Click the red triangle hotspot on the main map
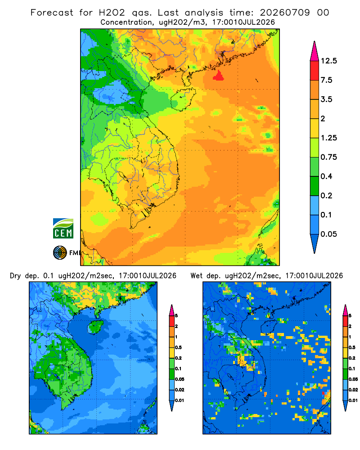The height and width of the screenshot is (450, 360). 219,76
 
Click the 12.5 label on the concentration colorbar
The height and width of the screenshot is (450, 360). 328,61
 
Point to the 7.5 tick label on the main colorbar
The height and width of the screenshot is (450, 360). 326,80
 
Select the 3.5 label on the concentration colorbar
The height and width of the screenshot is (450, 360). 326,99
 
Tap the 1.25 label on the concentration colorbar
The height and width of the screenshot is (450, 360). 328,138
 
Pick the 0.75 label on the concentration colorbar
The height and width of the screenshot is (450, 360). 328,157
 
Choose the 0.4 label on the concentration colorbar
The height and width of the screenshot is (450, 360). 326,176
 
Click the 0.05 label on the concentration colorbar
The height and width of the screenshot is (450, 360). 328,234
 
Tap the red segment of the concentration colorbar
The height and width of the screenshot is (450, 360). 315,71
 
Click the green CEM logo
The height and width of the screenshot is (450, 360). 63,229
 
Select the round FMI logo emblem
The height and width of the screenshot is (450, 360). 60,253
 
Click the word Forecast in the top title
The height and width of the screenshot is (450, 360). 52,13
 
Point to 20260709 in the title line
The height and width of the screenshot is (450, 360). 285,13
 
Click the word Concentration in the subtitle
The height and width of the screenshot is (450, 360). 126,22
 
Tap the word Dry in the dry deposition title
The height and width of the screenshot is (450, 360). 15,276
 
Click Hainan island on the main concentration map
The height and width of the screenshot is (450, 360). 183,99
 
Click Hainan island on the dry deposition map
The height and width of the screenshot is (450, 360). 95,327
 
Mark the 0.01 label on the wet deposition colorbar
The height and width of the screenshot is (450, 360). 353,400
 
